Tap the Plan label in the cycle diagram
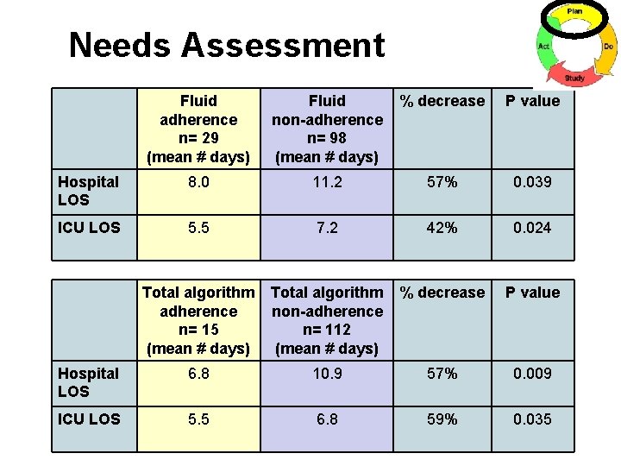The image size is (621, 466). click(574, 11)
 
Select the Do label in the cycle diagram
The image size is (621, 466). click(609, 46)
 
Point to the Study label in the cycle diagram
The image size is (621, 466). click(574, 79)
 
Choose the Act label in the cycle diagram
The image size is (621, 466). click(544, 46)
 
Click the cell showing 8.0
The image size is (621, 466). click(198, 182)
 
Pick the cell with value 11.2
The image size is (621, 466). click(327, 182)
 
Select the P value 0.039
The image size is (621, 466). click(532, 182)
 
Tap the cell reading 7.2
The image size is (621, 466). click(327, 228)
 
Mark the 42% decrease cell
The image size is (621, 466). click(442, 228)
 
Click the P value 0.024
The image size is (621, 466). click(532, 228)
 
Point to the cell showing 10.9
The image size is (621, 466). click(327, 374)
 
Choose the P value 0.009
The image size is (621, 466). click(532, 374)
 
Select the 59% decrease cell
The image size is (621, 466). click(442, 419)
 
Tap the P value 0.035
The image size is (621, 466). click(532, 419)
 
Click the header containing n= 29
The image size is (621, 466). click(198, 129)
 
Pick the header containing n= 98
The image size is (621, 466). click(327, 129)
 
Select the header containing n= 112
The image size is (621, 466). click(327, 320)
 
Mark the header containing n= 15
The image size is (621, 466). click(198, 320)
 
